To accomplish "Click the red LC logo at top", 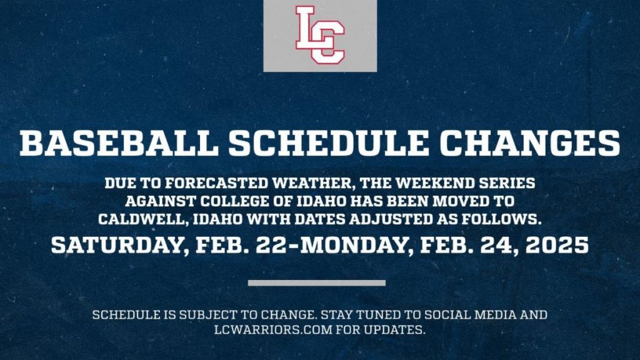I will point(319,35).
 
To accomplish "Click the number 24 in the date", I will point(492,244).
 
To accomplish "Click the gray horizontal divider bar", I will point(316,282).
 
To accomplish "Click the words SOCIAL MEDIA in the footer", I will point(471,314).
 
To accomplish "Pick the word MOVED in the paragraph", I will point(462,202).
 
